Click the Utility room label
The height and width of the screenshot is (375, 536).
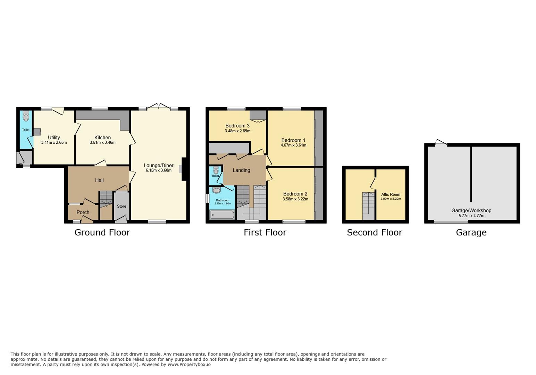point(54,137)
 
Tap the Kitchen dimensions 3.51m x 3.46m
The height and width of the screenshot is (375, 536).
point(102,142)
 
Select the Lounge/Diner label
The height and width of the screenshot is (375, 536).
point(158,165)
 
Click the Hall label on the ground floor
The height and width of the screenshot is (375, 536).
point(99,180)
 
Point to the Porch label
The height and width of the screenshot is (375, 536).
point(83,212)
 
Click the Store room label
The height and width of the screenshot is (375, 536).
point(122,206)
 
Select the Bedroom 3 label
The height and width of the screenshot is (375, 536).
point(237,126)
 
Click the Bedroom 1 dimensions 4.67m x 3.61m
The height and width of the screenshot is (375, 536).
point(293,145)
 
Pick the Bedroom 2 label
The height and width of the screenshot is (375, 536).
point(295,194)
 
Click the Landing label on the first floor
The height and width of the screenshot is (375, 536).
point(241,170)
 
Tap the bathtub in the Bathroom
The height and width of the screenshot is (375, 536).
point(222,215)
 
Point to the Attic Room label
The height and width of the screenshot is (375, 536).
point(391,194)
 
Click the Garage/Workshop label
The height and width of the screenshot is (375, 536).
point(471,210)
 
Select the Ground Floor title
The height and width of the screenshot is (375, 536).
point(102,232)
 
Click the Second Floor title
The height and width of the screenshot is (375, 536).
point(374,232)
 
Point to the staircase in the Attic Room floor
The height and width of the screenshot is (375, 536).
point(368,206)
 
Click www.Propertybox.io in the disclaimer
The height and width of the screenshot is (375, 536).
point(189,364)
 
